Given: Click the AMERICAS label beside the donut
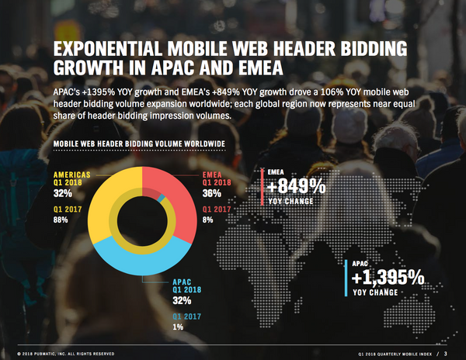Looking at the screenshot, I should tap(70, 175).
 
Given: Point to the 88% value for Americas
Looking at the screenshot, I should tap(61, 220).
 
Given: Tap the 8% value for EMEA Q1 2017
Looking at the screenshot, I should tap(210, 220).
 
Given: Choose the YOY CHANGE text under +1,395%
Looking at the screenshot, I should tap(377, 293).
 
